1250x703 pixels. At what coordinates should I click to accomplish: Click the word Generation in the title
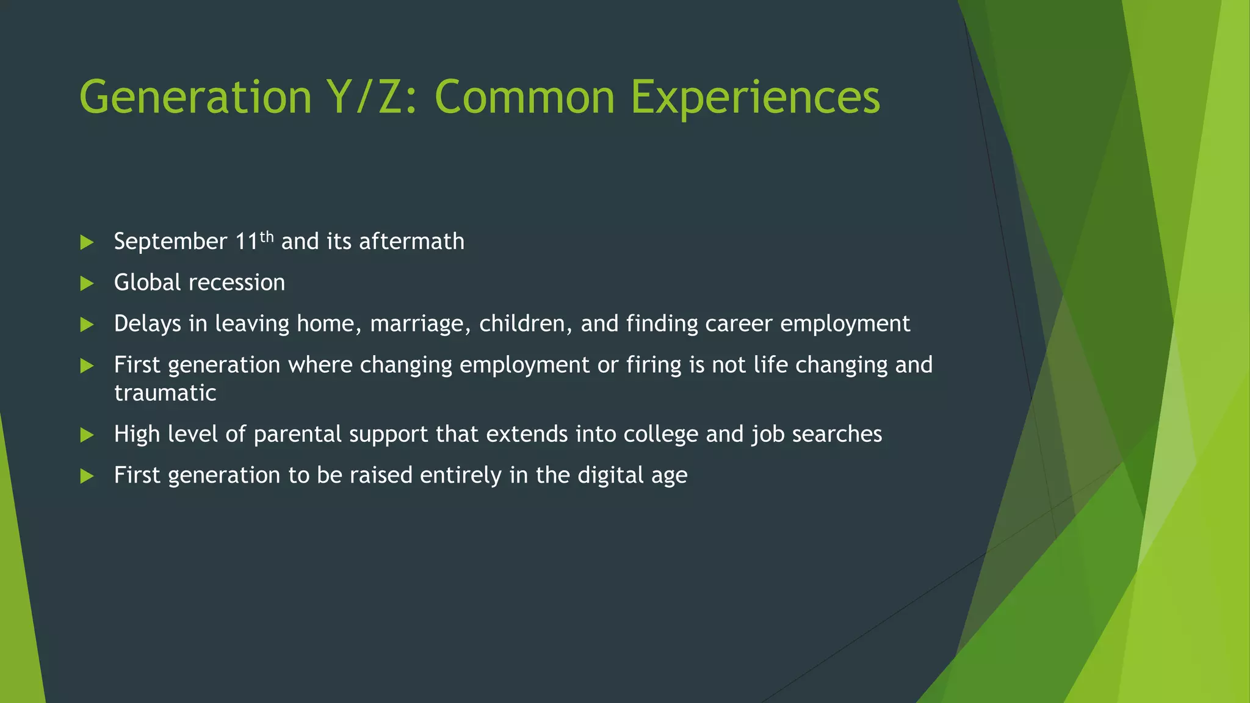pos(195,98)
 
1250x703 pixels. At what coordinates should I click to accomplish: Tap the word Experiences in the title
pos(755,98)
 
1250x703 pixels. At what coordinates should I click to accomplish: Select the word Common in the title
pos(524,98)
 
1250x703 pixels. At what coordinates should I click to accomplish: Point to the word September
pos(170,242)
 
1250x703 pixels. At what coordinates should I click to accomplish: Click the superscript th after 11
pos(267,236)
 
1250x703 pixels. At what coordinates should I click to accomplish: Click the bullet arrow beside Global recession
pos(87,283)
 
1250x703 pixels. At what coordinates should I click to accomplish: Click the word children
pos(526,324)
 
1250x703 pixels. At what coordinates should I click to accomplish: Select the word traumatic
pos(165,393)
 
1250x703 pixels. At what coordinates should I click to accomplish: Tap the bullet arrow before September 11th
pos(87,242)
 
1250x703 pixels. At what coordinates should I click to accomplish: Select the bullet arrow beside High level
pos(87,435)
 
